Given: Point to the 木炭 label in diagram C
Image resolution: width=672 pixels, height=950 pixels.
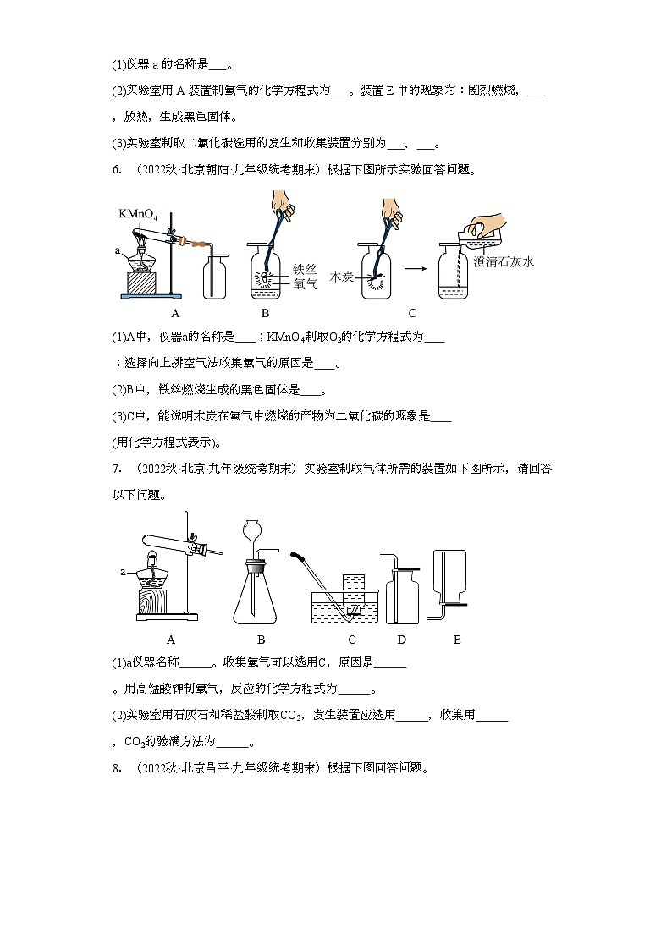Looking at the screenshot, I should (341, 276).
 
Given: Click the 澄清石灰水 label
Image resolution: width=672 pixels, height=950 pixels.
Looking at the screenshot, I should (504, 262).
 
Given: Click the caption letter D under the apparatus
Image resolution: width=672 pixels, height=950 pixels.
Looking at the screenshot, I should (401, 640).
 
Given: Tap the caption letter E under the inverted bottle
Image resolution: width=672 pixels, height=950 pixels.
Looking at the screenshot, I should (456, 640).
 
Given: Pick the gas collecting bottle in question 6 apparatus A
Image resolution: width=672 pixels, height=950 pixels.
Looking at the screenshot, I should (215, 276).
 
